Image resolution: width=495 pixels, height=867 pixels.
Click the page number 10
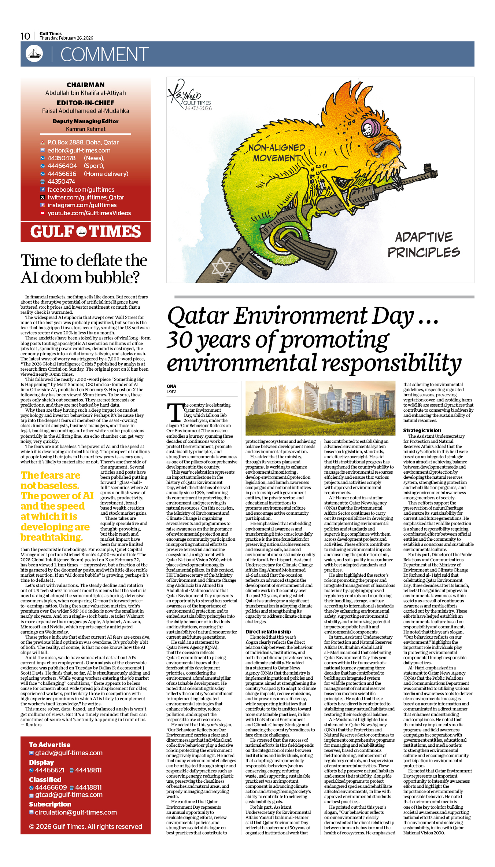[x=25, y=36]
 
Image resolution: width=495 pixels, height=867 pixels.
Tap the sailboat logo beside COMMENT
[x=34, y=54]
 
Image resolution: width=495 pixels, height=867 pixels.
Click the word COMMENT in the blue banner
[x=104, y=55]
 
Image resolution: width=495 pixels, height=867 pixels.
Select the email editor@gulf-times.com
[x=79, y=150]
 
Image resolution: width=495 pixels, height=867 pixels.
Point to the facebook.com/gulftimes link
[x=81, y=190]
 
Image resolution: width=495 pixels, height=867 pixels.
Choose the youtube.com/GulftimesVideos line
[x=89, y=213]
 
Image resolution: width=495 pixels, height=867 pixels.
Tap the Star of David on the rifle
[x=221, y=267]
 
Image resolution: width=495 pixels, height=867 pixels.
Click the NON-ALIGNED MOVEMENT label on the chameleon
[x=277, y=153]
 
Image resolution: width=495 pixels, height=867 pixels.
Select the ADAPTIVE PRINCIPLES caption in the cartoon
[x=424, y=245]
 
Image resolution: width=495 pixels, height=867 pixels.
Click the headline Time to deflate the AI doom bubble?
[x=84, y=269]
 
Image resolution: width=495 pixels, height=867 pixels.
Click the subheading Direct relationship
[x=268, y=632]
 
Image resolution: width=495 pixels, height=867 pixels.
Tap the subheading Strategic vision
[x=422, y=430]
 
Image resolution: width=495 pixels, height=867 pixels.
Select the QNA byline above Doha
[x=171, y=386]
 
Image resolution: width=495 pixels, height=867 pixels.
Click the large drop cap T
[x=175, y=412]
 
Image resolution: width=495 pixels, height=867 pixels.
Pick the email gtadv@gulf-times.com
[x=69, y=753]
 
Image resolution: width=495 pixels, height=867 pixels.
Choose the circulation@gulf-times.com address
[x=75, y=812]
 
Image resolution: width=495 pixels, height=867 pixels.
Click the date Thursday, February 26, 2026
[x=66, y=38]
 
